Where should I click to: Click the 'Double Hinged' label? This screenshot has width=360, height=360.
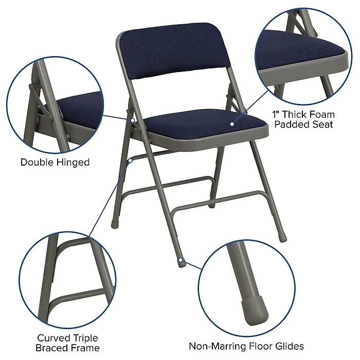[x=55, y=163]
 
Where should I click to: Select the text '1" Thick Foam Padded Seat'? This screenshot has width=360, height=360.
[x=303, y=119]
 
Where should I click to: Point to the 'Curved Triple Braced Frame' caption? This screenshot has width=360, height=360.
[x=67, y=343]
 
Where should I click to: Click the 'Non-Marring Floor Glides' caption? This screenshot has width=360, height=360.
[x=246, y=346]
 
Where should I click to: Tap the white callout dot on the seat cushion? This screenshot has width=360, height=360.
[x=232, y=124]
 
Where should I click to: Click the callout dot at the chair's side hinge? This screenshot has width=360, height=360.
[x=132, y=120]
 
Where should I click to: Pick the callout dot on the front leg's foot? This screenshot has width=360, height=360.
[x=181, y=261]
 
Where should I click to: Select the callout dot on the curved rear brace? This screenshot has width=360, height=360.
[x=131, y=160]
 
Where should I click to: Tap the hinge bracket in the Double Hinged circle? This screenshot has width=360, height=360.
[x=39, y=105]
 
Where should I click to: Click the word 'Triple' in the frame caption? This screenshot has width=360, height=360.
[x=85, y=338]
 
